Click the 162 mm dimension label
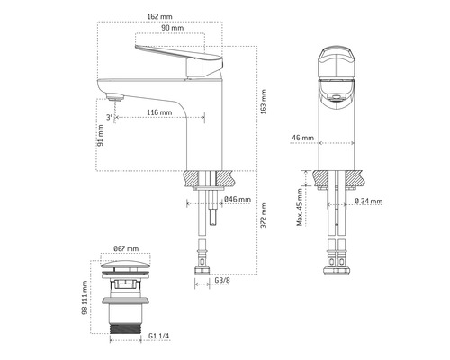[161, 15]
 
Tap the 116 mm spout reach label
[157, 112]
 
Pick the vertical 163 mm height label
[263, 98]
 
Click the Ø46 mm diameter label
[237, 200]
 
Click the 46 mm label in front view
[303, 139]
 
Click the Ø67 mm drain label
[127, 248]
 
